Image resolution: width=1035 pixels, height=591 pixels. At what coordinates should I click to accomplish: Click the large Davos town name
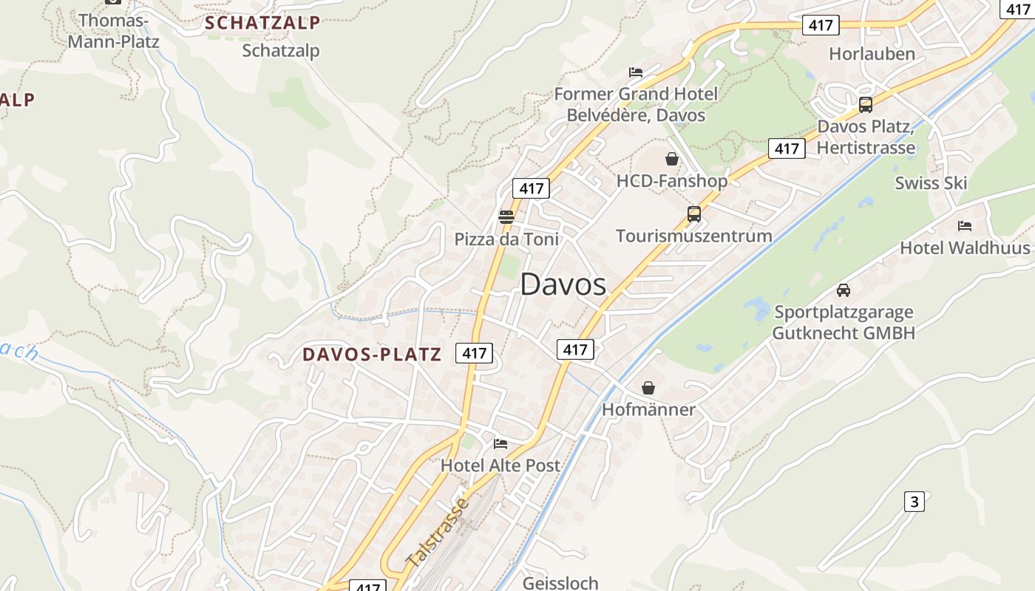coord(563,284)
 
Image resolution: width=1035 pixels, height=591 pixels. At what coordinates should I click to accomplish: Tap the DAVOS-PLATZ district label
coord(371,355)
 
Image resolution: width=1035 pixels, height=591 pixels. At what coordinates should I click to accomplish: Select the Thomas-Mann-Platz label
coord(113,30)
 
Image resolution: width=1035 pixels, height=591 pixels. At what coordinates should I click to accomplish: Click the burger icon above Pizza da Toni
coord(506,216)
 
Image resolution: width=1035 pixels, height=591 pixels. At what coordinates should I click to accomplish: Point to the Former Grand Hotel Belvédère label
coord(636,104)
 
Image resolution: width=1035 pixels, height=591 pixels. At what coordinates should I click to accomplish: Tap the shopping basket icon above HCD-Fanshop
coord(672,159)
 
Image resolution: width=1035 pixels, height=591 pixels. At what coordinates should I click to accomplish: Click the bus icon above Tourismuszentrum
coord(693,214)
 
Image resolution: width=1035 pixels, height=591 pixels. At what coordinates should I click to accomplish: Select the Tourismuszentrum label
coord(693,236)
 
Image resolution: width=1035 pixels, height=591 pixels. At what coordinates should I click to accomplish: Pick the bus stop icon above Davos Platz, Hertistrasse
coord(866,105)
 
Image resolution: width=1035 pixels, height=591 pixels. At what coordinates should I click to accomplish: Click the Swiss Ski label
coord(931,183)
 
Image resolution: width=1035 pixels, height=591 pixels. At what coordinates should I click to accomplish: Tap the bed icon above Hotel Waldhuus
coord(965,226)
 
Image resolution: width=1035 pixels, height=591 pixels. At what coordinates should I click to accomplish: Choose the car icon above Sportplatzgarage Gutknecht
coord(844,290)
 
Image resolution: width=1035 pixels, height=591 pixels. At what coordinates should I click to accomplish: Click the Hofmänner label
coord(648,409)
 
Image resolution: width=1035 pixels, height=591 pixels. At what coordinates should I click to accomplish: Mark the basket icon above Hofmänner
coord(648,388)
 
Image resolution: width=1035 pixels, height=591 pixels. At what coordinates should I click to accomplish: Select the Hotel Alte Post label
coord(500,465)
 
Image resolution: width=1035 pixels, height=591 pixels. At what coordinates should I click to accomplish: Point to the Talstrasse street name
coord(438,533)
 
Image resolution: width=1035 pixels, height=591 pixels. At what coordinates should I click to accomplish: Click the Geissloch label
coord(560,583)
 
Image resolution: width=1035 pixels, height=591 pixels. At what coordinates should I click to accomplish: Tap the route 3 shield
coord(914,502)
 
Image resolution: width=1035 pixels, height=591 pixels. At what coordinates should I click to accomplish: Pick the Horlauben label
coord(872,54)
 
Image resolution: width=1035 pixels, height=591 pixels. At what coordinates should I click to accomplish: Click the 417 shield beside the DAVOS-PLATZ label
coord(474,353)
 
